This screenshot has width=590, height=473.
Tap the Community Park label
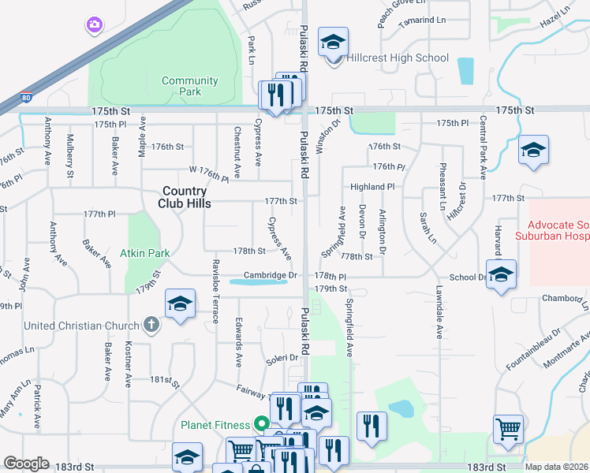(189, 86)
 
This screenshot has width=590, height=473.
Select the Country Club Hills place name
(185, 196)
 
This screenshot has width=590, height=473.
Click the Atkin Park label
(144, 254)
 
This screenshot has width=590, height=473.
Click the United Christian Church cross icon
(151, 324)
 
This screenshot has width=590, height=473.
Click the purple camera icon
(94, 25)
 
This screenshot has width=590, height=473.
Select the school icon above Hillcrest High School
(333, 40)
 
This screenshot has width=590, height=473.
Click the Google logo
(26, 464)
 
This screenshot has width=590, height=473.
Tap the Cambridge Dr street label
(273, 275)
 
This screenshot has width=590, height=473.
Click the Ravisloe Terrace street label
(215, 291)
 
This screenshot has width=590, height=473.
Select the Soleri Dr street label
(282, 358)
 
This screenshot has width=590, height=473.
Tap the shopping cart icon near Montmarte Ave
(508, 429)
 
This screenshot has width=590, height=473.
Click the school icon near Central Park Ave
(533, 151)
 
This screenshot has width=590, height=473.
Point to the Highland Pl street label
(372, 187)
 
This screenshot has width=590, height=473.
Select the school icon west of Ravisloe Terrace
(180, 304)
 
